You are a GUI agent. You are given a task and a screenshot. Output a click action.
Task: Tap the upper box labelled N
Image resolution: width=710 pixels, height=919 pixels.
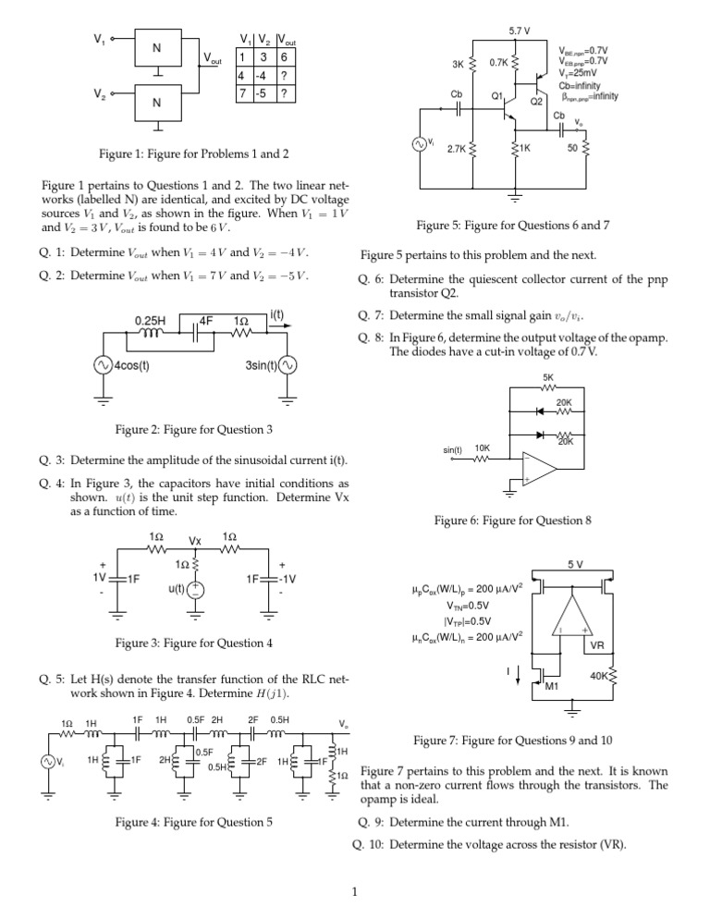click(156, 47)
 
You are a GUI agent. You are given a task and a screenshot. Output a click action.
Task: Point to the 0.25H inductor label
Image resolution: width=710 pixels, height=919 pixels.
click(152, 322)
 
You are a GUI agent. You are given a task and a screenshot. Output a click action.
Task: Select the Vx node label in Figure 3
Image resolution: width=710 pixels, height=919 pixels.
click(195, 540)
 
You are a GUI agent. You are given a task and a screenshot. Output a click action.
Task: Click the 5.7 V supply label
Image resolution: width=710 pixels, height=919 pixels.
click(520, 31)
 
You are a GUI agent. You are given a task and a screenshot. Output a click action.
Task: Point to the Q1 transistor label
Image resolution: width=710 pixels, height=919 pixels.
click(497, 96)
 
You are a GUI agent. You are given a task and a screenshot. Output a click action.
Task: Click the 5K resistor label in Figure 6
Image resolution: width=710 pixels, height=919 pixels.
click(547, 376)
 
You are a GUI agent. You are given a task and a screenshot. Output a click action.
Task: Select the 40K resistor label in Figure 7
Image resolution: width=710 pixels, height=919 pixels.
click(600, 676)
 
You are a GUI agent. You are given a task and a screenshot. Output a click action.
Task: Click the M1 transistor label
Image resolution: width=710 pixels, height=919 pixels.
click(552, 687)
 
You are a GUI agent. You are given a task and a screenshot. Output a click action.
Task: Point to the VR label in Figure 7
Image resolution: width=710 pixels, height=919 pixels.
click(596, 645)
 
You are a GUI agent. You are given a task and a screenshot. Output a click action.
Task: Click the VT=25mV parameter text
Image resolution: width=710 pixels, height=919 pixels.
click(582, 72)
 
